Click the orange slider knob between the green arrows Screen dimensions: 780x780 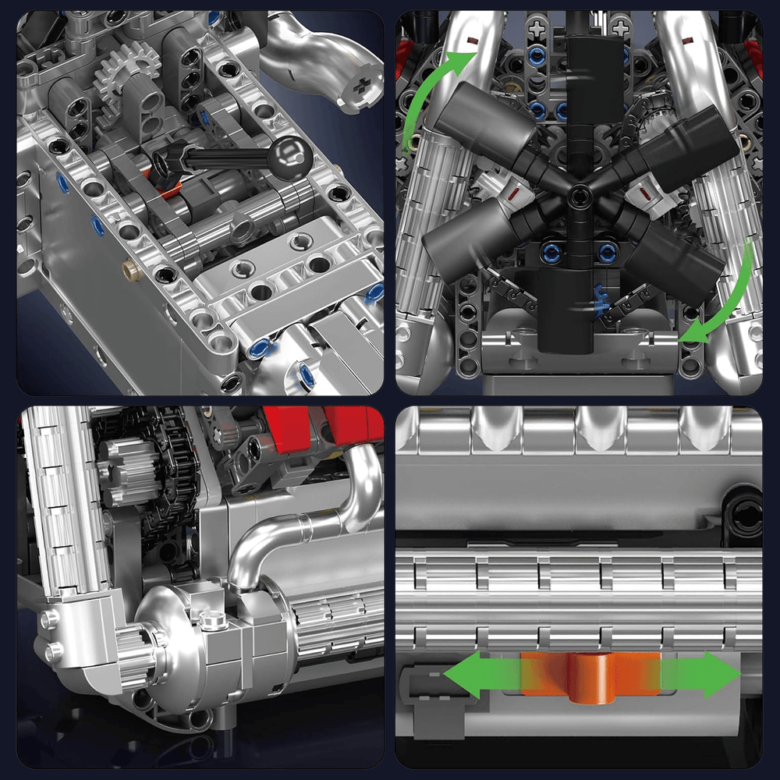coord(590,675)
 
